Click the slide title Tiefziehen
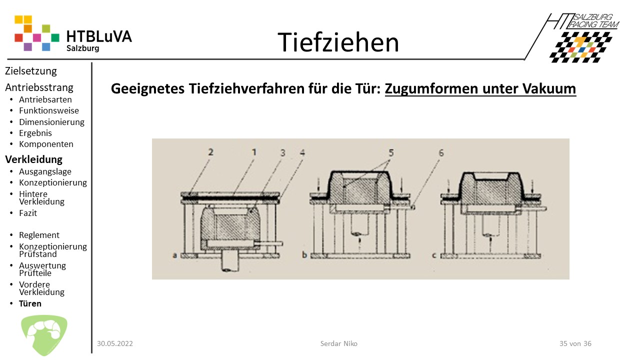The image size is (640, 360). click(338, 42)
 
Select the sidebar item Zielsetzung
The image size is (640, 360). click(31, 71)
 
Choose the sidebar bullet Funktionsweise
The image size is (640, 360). click(49, 110)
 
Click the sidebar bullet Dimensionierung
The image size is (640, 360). click(51, 122)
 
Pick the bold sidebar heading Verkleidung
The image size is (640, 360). click(33, 159)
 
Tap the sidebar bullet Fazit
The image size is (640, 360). click(28, 213)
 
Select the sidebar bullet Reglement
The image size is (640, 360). click(39, 235)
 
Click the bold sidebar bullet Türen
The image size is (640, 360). click(30, 303)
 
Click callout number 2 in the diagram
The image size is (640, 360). click(210, 152)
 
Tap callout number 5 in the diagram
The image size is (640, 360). click(391, 153)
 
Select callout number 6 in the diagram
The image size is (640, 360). click(441, 153)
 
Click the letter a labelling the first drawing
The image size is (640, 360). click(175, 255)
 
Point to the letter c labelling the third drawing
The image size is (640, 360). click(434, 255)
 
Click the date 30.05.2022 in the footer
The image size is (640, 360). click(115, 343)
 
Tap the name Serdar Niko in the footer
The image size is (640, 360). click(338, 343)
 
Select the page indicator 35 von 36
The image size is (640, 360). click(575, 343)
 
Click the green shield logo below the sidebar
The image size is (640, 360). click(44, 335)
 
